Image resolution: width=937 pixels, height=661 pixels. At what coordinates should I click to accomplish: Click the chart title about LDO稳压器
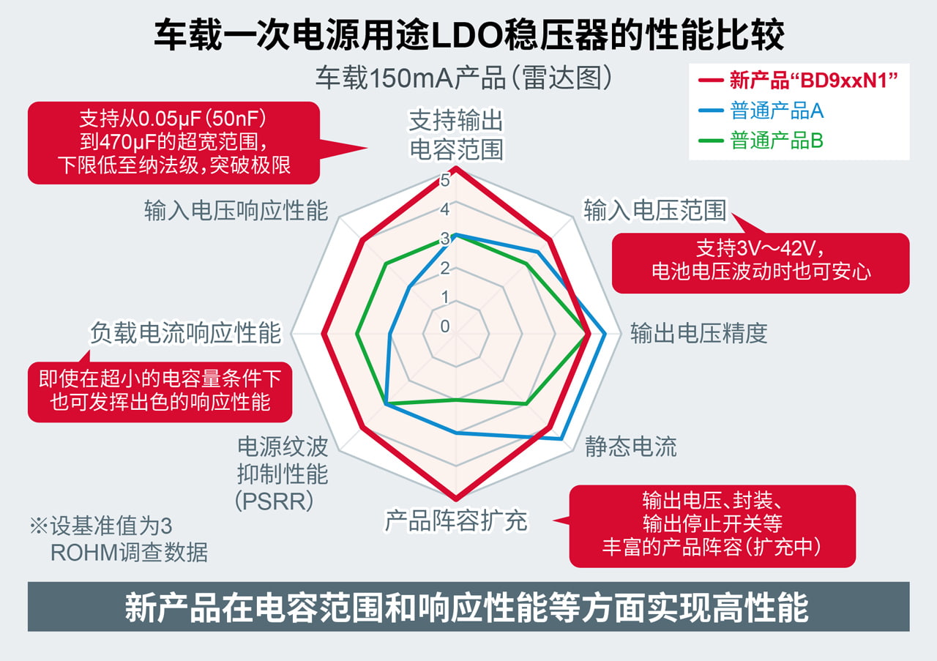tap(468, 34)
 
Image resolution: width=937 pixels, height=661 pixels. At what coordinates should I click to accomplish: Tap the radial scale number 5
tap(445, 179)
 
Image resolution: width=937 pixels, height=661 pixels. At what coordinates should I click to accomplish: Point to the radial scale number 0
tap(445, 326)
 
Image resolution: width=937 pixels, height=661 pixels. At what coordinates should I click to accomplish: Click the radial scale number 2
tap(445, 268)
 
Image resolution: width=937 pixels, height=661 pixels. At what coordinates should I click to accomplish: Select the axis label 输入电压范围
tap(654, 211)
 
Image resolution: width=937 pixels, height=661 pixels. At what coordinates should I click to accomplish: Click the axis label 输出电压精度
tap(698, 333)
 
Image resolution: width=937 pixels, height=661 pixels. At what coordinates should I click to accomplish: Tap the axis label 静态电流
tap(630, 447)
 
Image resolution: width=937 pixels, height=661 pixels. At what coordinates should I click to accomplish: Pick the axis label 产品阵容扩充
tap(456, 520)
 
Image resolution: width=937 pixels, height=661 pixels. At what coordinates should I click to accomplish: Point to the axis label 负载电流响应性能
tap(185, 333)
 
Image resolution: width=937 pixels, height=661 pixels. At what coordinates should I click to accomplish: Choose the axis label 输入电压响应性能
tap(236, 211)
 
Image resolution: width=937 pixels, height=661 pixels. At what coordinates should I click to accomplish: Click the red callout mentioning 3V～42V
tap(761, 261)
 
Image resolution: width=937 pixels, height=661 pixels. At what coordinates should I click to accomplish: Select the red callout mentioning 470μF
tap(174, 142)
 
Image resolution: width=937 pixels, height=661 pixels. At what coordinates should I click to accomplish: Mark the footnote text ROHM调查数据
tap(129, 552)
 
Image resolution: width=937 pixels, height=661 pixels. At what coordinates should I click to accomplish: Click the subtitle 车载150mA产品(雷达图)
tap(463, 78)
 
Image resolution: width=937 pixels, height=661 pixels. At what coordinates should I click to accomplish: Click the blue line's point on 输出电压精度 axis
tap(605, 335)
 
